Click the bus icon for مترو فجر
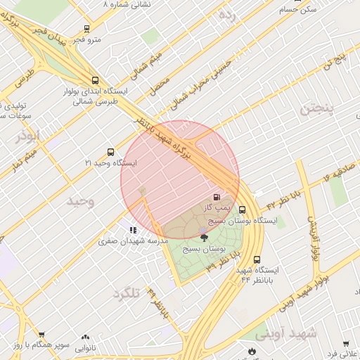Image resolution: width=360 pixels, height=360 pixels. pos(86,29)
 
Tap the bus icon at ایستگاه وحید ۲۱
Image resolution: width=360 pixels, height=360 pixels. pos(110,152)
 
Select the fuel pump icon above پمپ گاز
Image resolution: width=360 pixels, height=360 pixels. pos(216,197)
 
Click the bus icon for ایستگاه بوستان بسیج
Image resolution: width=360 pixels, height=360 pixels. pos(243,210)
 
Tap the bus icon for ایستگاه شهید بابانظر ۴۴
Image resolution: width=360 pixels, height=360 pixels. pos(256,259)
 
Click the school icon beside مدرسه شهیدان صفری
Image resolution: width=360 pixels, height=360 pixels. pos(132,230)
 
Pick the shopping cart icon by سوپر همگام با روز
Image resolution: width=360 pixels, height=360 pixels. pos(41,335)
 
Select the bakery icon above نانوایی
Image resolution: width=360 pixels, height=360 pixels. pos(85,337)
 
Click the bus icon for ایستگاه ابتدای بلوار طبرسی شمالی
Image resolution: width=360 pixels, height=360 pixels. pos(96,80)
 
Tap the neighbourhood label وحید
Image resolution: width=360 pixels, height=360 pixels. pos(79,202)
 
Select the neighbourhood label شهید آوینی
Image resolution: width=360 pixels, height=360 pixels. pos(285,333)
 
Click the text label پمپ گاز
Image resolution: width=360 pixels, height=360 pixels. pos(214,209)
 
